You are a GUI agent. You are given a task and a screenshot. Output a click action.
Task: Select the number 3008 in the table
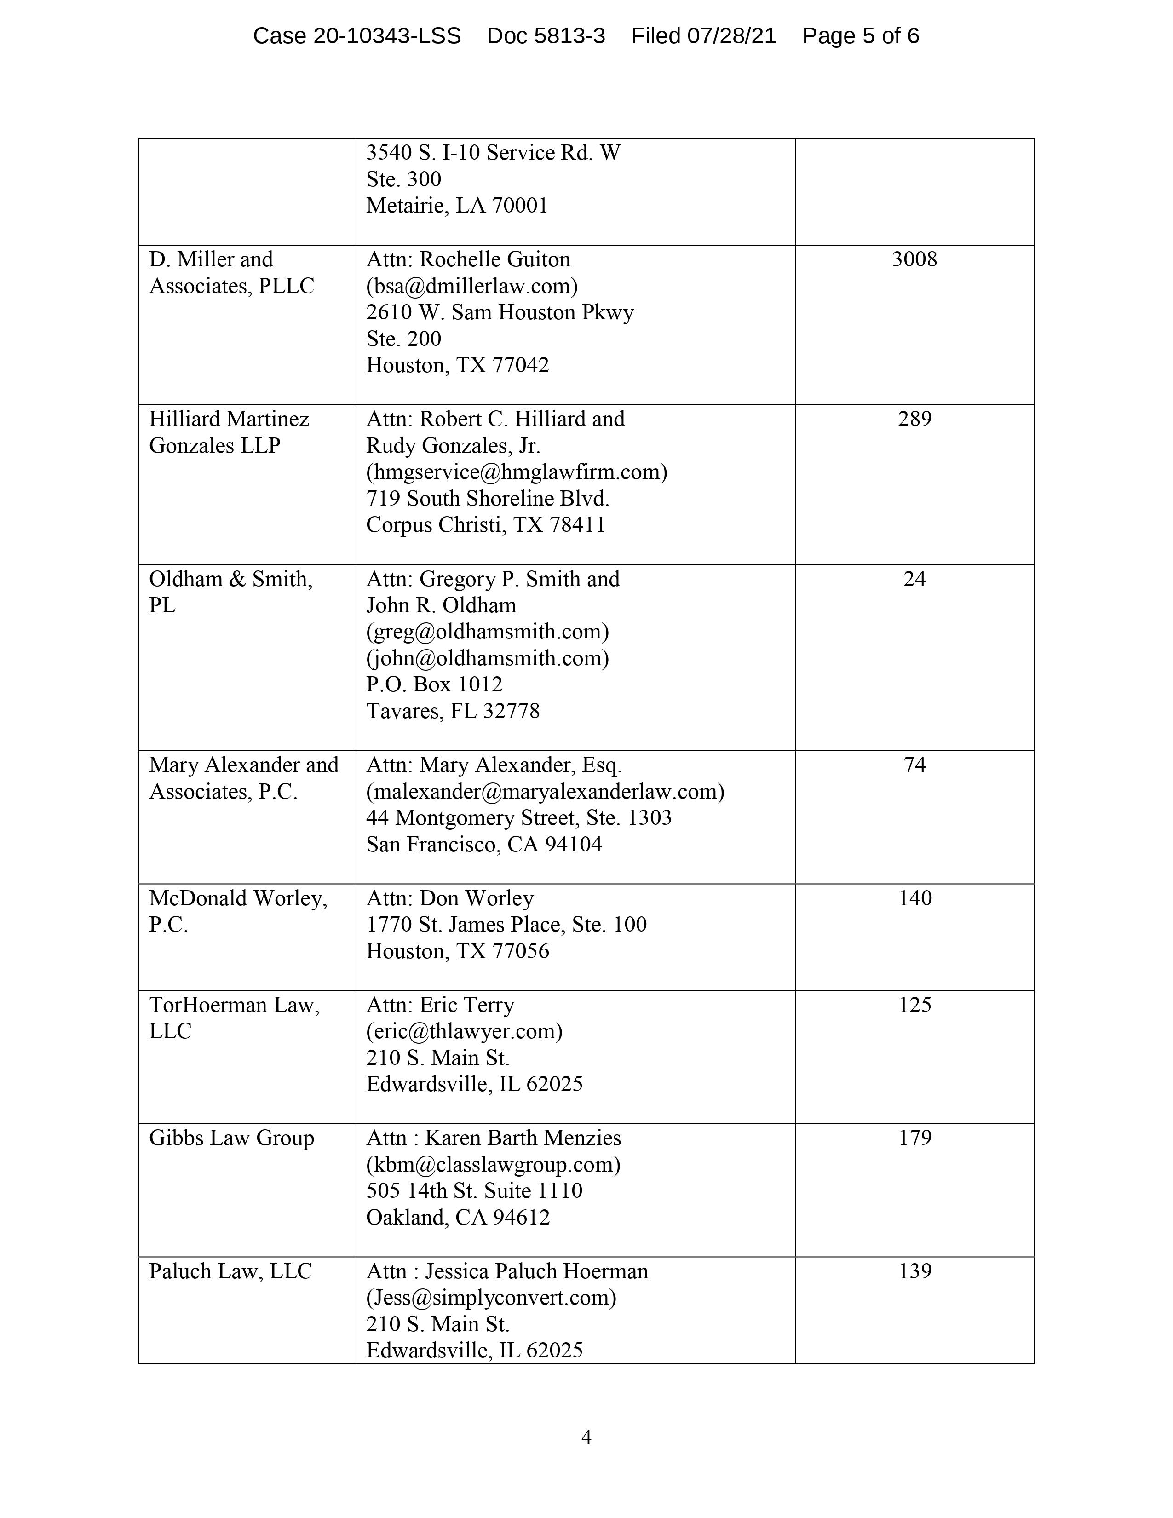point(914,259)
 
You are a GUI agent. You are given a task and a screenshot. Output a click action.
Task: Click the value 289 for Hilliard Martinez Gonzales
point(914,419)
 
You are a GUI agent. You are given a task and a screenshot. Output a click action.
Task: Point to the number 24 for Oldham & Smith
point(914,579)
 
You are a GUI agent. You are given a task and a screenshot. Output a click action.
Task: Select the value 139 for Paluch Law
point(914,1271)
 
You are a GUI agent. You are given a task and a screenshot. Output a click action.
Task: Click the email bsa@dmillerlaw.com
point(472,286)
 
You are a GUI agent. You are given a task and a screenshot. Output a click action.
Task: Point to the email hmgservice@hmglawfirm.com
point(516,472)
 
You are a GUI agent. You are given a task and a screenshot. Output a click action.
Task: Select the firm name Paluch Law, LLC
point(230,1271)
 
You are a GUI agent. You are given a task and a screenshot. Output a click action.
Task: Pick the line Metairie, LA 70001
point(457,206)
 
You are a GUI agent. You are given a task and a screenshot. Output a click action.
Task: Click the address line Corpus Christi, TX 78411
point(486,525)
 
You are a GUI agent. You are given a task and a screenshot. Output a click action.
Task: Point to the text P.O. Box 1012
point(434,684)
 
